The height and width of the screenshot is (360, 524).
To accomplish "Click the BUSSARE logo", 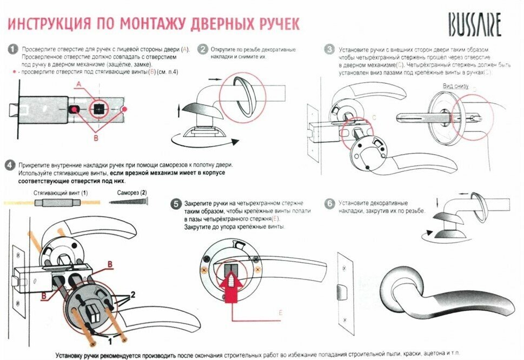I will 474,24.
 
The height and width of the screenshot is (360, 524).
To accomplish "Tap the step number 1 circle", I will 12,49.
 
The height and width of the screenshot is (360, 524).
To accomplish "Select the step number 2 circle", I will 203,49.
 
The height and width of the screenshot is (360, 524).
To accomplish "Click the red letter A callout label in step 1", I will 78,84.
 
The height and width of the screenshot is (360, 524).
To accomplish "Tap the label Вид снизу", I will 455,86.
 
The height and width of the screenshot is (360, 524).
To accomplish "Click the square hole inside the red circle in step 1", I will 98,109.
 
